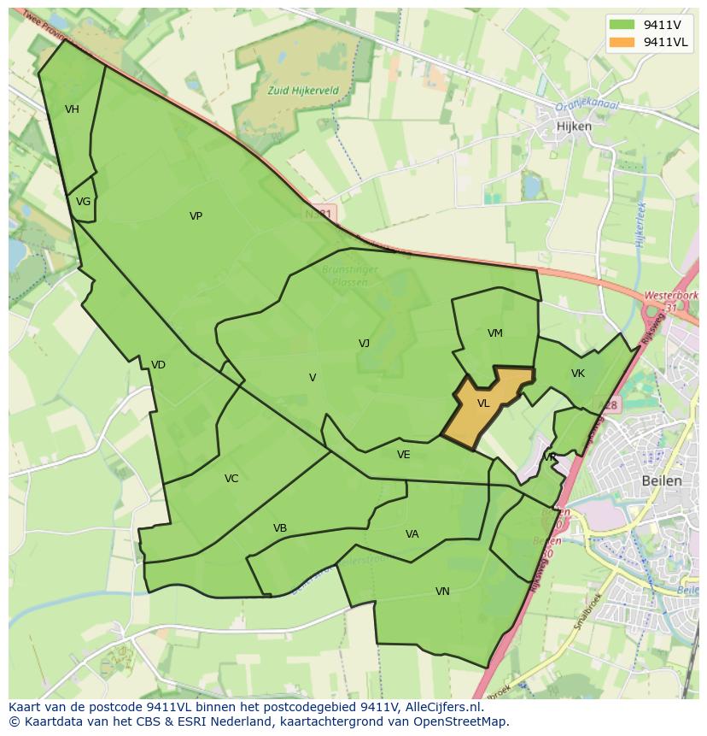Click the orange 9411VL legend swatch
(x=622, y=42)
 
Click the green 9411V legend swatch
(x=622, y=24)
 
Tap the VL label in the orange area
(x=483, y=403)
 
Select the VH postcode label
(x=72, y=109)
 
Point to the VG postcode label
(x=83, y=202)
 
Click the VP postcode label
(x=196, y=216)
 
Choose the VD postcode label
(x=158, y=365)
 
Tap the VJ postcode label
(x=364, y=344)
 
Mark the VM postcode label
(x=495, y=333)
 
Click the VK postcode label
(x=578, y=374)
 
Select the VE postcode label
(x=404, y=455)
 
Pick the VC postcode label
(x=231, y=479)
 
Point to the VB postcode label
(x=280, y=528)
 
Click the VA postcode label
(x=412, y=534)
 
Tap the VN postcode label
(x=442, y=592)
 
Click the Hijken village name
(x=573, y=126)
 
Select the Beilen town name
(x=662, y=480)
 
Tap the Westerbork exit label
(x=671, y=295)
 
